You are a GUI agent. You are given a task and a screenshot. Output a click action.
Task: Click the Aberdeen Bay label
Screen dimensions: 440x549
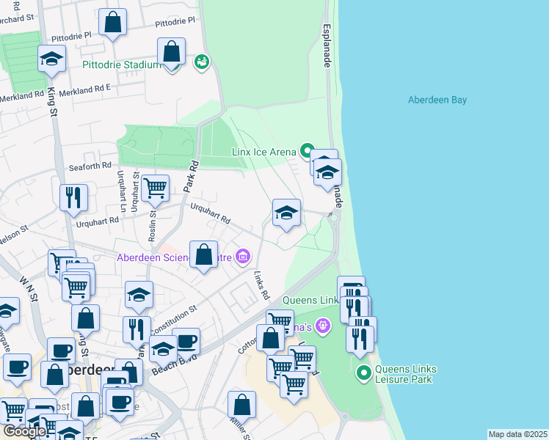point(437,100)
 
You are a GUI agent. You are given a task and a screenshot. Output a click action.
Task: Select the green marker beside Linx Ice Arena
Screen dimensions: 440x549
point(307,151)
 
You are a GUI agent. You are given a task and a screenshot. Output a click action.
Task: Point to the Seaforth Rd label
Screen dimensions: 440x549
point(90,166)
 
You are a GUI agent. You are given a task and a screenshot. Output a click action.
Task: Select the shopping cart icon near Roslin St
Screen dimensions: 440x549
point(156,189)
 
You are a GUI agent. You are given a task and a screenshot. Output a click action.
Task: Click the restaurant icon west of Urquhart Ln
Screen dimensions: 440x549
point(73,197)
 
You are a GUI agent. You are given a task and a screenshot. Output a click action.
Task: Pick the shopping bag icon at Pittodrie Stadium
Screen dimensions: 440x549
point(171,53)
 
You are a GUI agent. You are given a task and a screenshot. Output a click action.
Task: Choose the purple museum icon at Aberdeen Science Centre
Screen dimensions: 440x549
point(242,257)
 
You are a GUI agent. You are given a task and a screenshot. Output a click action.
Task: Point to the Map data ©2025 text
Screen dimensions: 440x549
point(517,434)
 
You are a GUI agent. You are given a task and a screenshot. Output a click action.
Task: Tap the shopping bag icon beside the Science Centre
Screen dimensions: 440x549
point(204,255)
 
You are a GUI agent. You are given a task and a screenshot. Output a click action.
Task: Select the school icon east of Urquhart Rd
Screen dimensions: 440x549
point(286,213)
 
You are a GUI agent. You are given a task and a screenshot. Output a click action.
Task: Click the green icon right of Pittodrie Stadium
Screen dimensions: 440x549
point(201,62)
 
